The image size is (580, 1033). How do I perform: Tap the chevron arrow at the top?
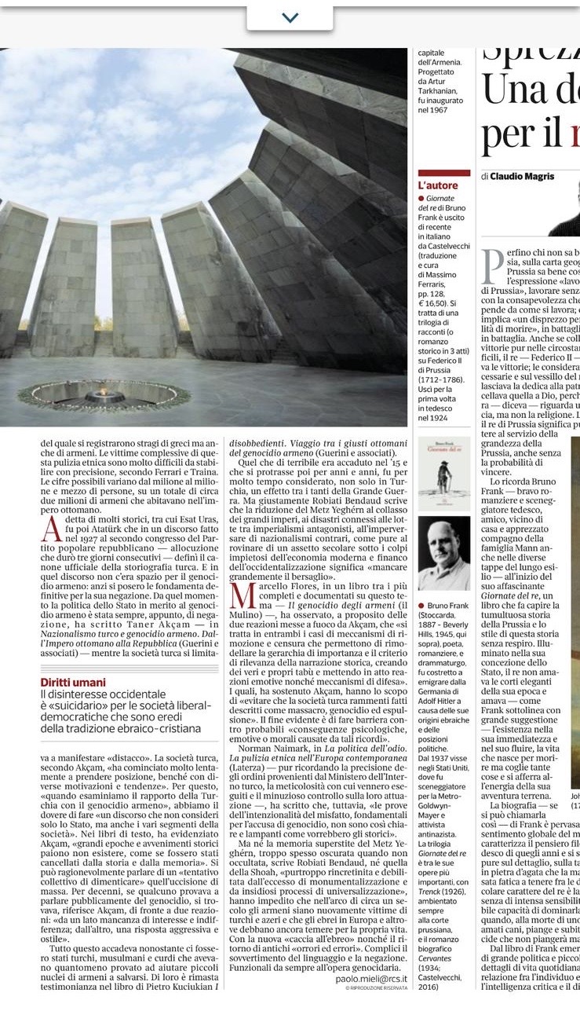tap(290, 17)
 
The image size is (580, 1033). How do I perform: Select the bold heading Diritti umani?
tap(72, 683)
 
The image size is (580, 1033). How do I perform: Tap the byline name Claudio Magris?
tap(523, 176)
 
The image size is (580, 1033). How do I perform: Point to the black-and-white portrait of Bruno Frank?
tap(443, 553)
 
